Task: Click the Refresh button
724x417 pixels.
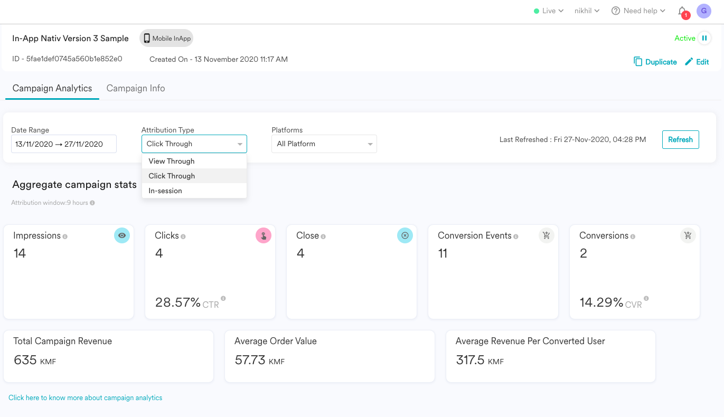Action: click(x=680, y=139)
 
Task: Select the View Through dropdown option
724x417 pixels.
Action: click(x=172, y=161)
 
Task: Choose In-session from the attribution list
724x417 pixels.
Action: click(x=165, y=191)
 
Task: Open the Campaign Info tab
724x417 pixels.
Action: click(x=136, y=88)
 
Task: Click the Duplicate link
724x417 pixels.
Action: click(x=655, y=62)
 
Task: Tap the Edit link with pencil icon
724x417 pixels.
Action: click(x=697, y=62)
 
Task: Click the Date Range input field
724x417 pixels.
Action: click(x=63, y=144)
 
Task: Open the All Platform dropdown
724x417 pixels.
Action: click(x=324, y=144)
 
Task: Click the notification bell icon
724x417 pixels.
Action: click(x=682, y=11)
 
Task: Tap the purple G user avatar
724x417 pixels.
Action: click(x=703, y=11)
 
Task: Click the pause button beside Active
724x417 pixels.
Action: click(x=704, y=38)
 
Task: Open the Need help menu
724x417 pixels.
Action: click(x=638, y=11)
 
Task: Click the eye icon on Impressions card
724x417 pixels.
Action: click(x=122, y=235)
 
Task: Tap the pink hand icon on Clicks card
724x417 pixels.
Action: click(x=264, y=235)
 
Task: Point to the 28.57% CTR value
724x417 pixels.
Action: click(x=178, y=302)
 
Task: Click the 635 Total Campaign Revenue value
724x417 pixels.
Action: click(x=25, y=361)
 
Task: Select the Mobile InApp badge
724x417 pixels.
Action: click(x=166, y=38)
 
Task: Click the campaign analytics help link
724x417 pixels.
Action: click(x=86, y=397)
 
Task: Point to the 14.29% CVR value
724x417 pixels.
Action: click(x=601, y=302)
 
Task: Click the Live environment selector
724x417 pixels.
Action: click(x=549, y=11)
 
